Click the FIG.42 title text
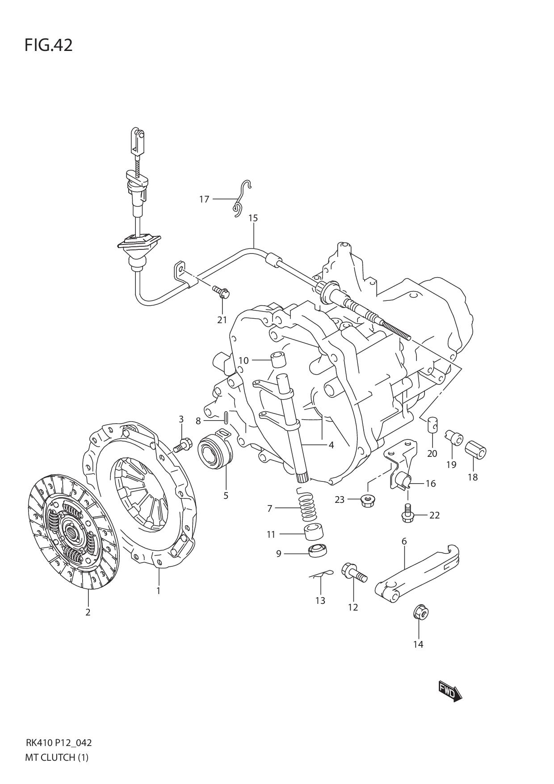coord(48,45)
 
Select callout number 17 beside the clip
coord(204,199)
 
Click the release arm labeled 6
coord(418,569)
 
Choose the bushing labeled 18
coord(476,451)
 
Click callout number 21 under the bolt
coord(222,320)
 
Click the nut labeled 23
coord(367,498)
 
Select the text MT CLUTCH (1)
coord(57,758)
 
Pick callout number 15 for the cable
coord(253,218)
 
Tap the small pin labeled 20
coord(432,425)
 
